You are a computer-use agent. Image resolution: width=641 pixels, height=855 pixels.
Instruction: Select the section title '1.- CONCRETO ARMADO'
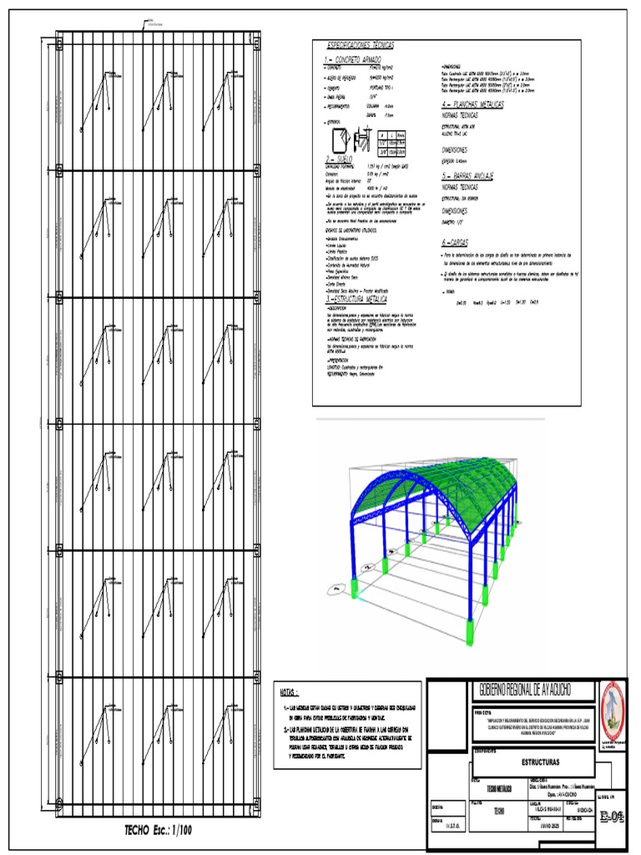[352, 61]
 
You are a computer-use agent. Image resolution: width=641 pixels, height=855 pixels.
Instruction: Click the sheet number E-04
[611, 817]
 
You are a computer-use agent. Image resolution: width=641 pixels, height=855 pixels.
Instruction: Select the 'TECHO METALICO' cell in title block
[492, 788]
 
